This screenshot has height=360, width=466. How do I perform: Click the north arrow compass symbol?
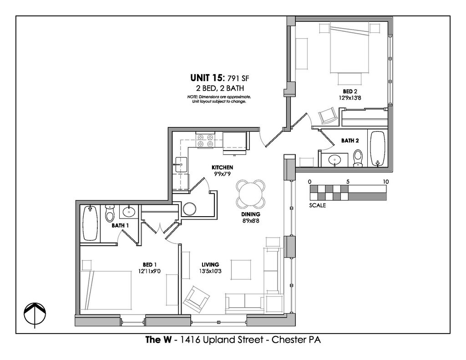pyautogui.click(x=35, y=314)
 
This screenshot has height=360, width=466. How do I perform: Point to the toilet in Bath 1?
pyautogui.click(x=110, y=213)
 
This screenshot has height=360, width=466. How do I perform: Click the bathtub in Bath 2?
pyautogui.click(x=378, y=148)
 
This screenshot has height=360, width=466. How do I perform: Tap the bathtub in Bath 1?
pyautogui.click(x=91, y=223)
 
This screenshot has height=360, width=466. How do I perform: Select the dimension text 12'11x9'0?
pyautogui.click(x=149, y=271)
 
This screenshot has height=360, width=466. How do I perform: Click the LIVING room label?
pyautogui.click(x=210, y=264)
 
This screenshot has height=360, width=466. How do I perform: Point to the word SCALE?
pyautogui.click(x=317, y=205)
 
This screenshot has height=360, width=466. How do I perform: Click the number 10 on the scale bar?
pyautogui.click(x=385, y=182)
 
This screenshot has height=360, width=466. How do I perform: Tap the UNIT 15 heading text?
pyautogui.click(x=207, y=78)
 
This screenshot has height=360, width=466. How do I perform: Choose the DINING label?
pyautogui.click(x=251, y=214)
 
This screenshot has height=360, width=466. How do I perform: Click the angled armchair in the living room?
pyautogui.click(x=196, y=299)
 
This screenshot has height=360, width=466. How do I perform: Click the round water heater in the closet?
pyautogui.click(x=189, y=209)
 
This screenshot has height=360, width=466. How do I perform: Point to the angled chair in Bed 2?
pyautogui.click(x=328, y=115)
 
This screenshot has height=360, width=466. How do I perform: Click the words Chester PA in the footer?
pyautogui.click(x=296, y=340)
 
